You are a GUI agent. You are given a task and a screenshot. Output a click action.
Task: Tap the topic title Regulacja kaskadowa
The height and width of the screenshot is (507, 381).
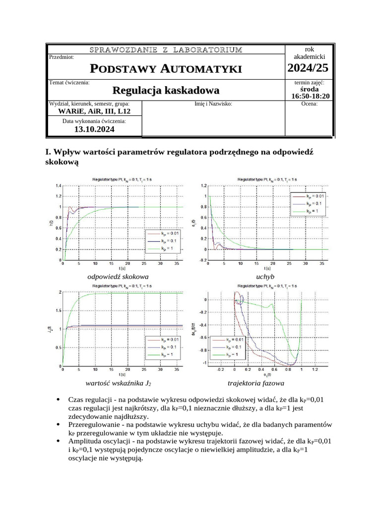(166, 91)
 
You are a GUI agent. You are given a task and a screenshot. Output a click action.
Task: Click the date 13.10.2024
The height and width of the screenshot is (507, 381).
(94, 129)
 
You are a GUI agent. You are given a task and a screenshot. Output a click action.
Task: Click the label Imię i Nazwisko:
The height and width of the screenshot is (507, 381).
(213, 104)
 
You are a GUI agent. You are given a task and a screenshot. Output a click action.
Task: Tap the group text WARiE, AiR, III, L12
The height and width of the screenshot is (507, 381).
(95, 111)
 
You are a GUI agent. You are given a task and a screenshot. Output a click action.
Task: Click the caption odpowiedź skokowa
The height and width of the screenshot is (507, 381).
(118, 277)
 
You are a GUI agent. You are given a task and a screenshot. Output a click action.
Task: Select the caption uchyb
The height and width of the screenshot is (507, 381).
(265, 277)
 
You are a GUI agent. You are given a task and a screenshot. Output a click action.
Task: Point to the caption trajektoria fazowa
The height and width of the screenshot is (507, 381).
(256, 383)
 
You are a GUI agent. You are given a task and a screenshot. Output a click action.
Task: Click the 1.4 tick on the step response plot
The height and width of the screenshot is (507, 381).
(58, 186)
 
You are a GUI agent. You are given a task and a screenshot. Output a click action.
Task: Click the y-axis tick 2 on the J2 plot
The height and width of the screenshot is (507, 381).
(60, 292)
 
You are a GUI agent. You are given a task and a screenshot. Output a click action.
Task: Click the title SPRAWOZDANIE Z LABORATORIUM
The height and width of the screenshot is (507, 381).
(166, 50)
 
